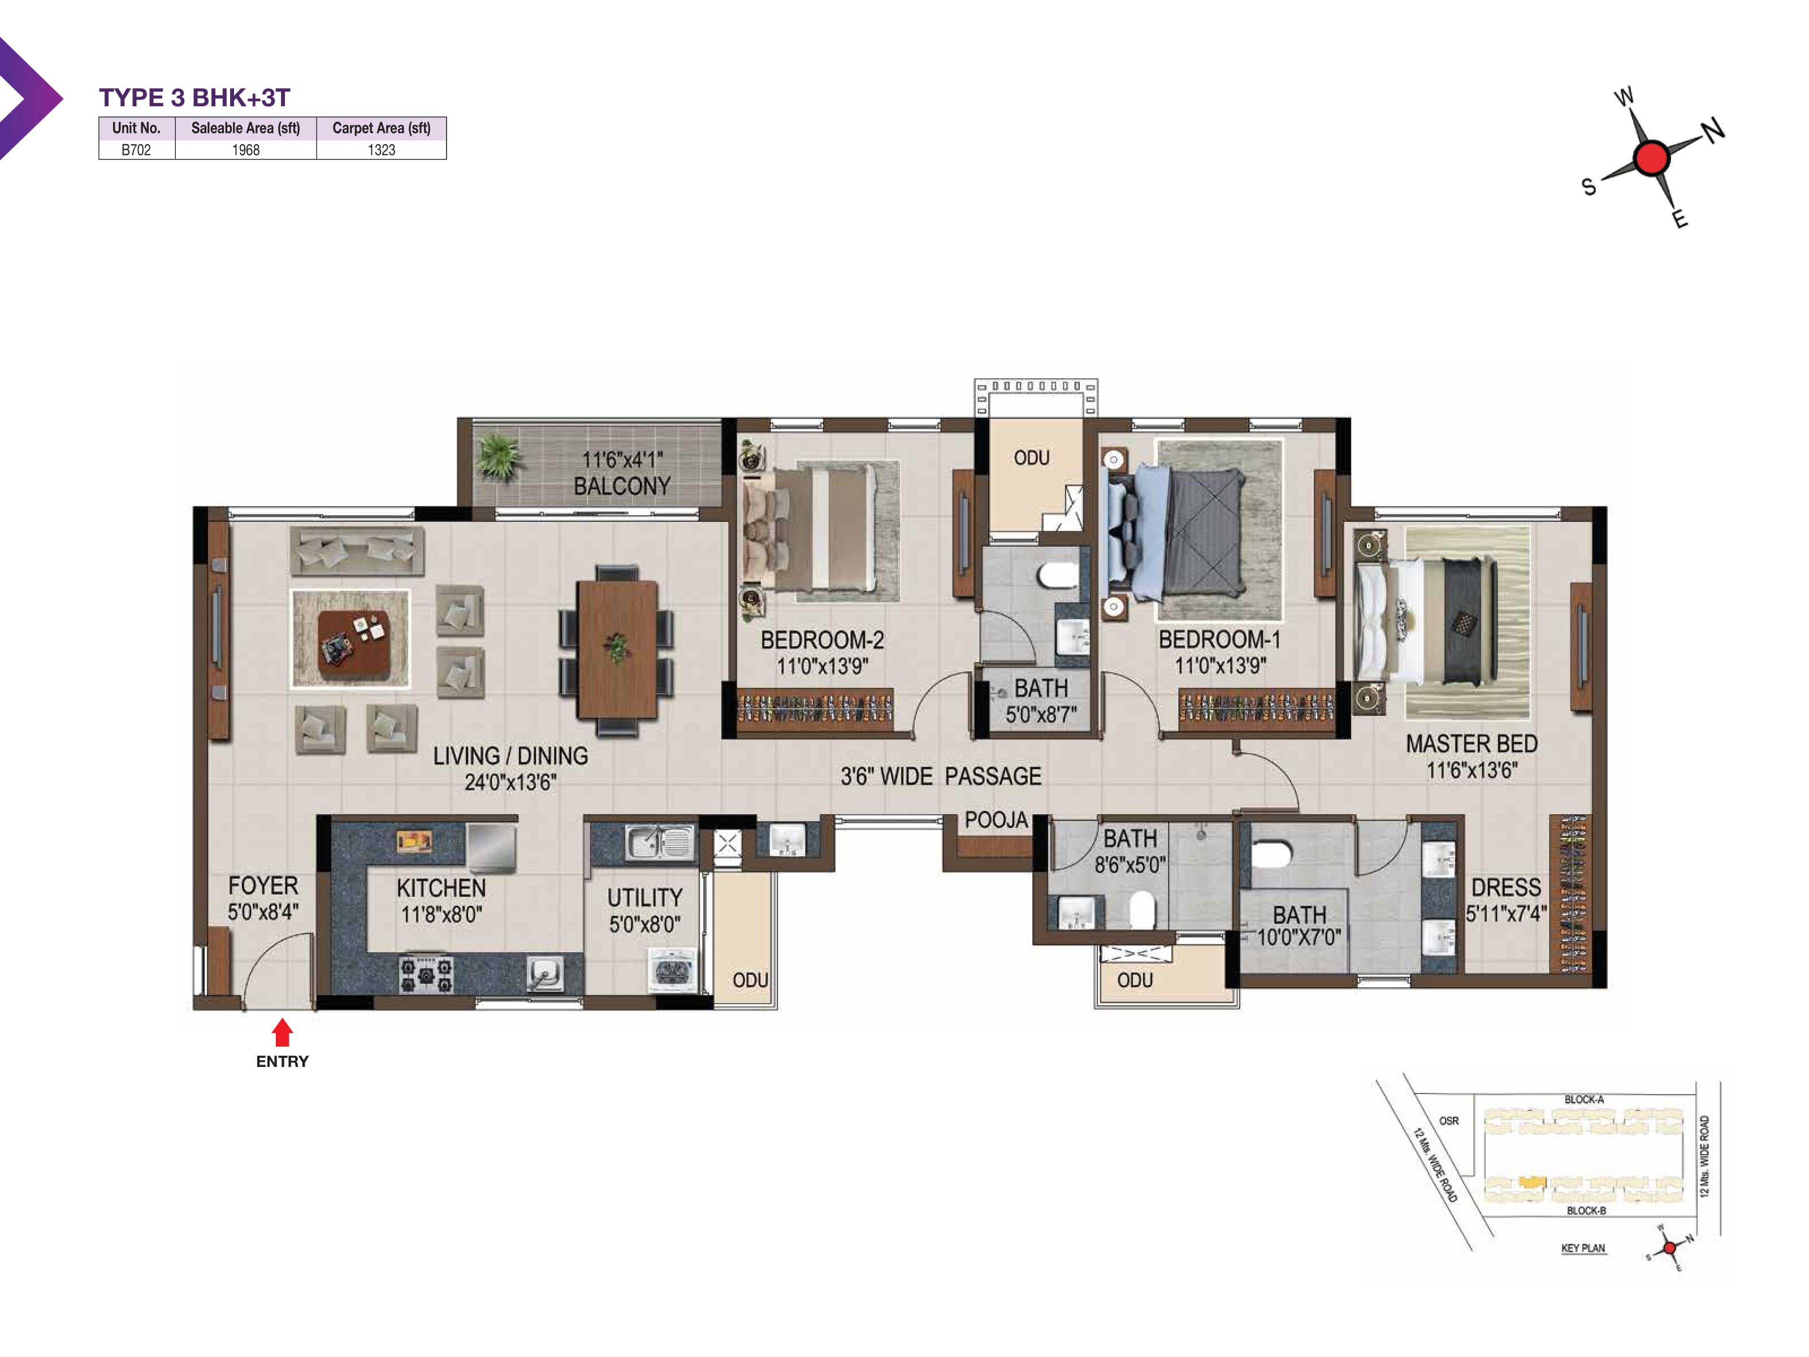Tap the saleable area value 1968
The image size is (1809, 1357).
pyautogui.click(x=245, y=150)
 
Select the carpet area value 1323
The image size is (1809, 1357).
pyautogui.click(x=381, y=150)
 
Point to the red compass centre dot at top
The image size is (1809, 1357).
pyautogui.click(x=1651, y=157)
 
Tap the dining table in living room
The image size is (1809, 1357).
pyautogui.click(x=617, y=649)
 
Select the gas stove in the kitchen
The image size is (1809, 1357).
pyautogui.click(x=425, y=974)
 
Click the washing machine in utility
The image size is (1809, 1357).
pyautogui.click(x=672, y=971)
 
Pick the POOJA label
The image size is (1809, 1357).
pyautogui.click(x=996, y=820)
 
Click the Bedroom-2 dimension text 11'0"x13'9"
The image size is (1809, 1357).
pyautogui.click(x=822, y=666)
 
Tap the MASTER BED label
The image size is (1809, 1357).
pyautogui.click(x=1472, y=744)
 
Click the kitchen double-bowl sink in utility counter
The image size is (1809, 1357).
pyautogui.click(x=659, y=842)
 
